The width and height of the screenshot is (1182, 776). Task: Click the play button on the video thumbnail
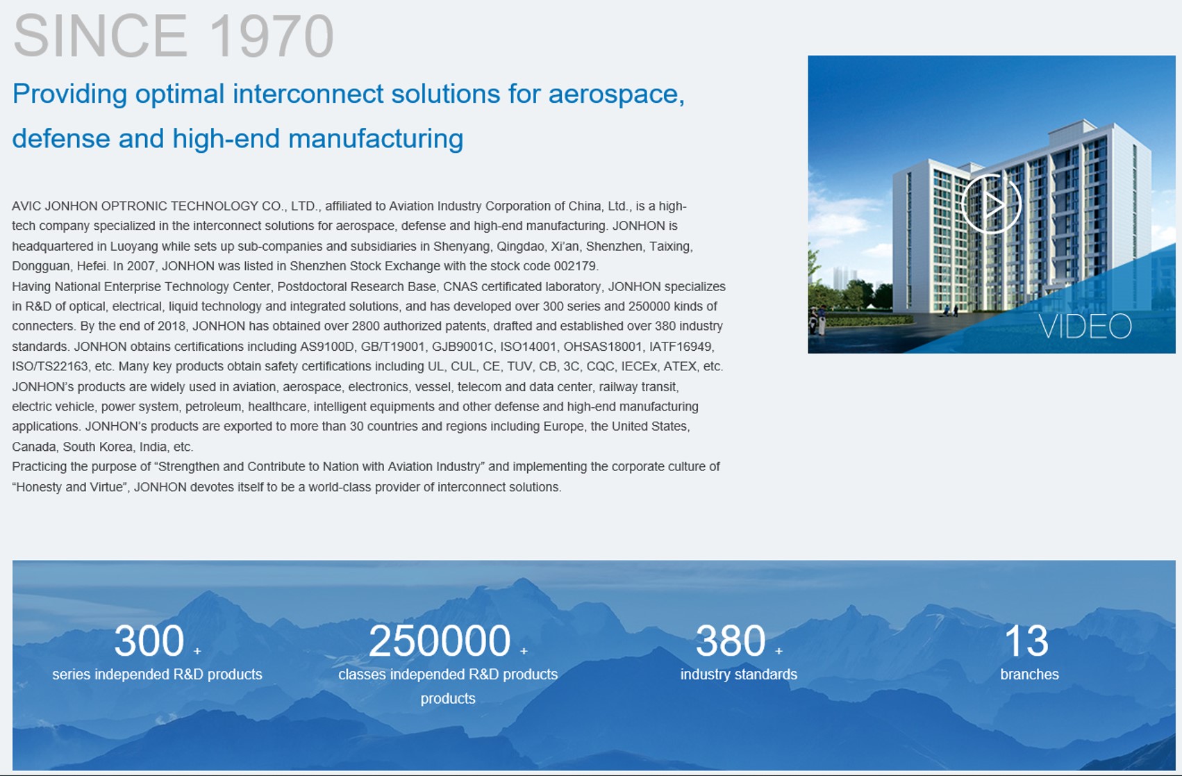pyautogui.click(x=992, y=204)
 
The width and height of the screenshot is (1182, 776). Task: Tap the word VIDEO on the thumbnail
pyautogui.click(x=1085, y=327)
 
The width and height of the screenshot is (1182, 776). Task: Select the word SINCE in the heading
pyautogui.click(x=100, y=36)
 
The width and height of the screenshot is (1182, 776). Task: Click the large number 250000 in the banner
pyautogui.click(x=440, y=641)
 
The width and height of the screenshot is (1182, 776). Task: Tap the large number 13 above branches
pyautogui.click(x=1026, y=641)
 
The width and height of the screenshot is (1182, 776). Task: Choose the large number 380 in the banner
pyautogui.click(x=731, y=641)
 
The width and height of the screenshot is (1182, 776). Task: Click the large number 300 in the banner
pyautogui.click(x=149, y=641)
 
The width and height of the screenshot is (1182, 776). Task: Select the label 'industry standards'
pyautogui.click(x=739, y=674)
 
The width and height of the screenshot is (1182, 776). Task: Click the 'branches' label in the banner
pyautogui.click(x=1029, y=674)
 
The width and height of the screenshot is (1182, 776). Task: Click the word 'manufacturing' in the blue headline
pyautogui.click(x=376, y=139)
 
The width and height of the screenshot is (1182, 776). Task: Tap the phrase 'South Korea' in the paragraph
pyautogui.click(x=97, y=447)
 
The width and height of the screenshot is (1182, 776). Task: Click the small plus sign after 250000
pyautogui.click(x=524, y=652)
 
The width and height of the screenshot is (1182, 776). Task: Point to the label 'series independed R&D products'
pyautogui.click(x=157, y=674)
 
